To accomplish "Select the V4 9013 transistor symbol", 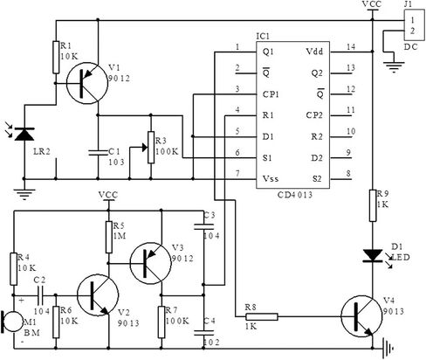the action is pos(361,316).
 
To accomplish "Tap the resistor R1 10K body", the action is pos(56,58).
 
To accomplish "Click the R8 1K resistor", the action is pos(262,317).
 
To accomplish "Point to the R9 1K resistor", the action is pos(373,205).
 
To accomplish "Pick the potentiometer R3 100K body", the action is pos(151,148).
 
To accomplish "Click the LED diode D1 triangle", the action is pos(373,256).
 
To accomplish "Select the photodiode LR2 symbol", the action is pos(24,134).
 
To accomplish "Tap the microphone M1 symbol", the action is pos(12,322).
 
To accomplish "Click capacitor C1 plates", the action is pos(98,152).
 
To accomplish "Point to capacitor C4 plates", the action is pos(203,333).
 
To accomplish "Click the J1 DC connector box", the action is pos(414,25).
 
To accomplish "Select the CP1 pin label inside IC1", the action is pos(271,94).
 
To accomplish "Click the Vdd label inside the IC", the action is pos(314,52).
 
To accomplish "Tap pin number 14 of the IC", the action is pos(351,46).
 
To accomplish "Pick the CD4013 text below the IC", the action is pos(295,195).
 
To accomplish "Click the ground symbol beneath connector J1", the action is pos(394,66).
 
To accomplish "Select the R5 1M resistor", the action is pos(109,237).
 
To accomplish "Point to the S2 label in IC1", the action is pos(317,178).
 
